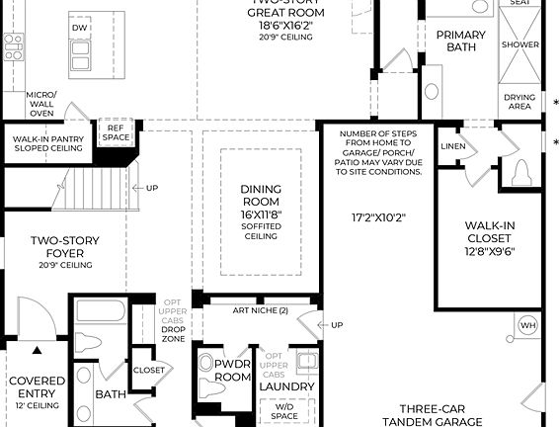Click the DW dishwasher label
79,29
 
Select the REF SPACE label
116,132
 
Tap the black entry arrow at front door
38,349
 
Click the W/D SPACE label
284,409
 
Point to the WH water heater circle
527,325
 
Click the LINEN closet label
453,146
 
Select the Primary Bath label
460,41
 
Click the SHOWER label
519,44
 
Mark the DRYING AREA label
519,103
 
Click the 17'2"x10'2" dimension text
378,216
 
